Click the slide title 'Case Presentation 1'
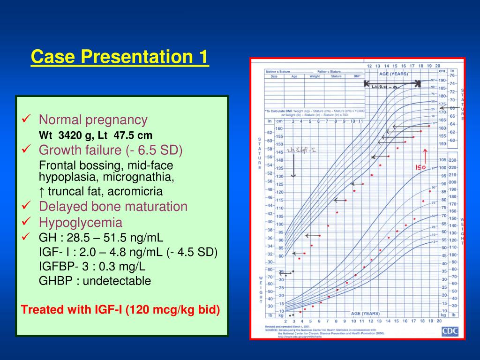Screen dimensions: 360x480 coord(120,58)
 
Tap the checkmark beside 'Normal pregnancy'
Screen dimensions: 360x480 coord(27,120)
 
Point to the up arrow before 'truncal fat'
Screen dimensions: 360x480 coord(42,191)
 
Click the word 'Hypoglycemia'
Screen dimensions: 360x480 coord(80,222)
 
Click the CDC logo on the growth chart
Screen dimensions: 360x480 coord(450,331)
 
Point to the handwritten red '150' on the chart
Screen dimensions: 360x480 coord(420,167)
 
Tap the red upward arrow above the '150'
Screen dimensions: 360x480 coord(425,156)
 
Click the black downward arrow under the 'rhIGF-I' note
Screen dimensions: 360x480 coord(293,166)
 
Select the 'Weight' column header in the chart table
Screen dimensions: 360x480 coord(315,76)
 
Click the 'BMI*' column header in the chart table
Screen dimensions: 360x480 coord(357,76)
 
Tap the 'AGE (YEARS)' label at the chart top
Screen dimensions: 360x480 coord(393,74)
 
